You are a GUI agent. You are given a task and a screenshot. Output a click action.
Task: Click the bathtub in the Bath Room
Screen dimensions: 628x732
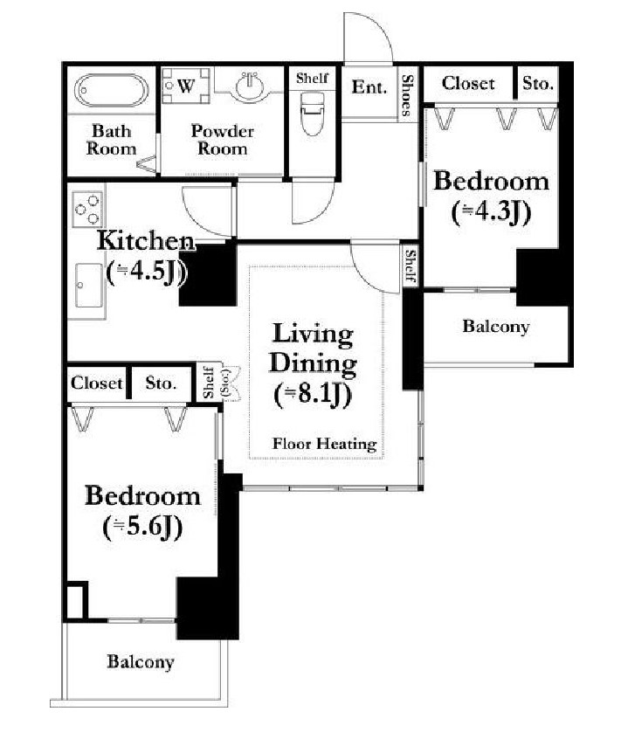[112, 90]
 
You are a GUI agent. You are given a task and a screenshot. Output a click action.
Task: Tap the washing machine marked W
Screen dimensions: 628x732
[186, 86]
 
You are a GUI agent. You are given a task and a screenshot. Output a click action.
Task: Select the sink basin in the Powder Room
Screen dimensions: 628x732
[250, 86]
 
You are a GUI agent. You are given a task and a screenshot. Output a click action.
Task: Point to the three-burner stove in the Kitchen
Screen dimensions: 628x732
[87, 209]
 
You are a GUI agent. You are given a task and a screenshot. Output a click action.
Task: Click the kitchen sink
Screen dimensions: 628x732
[89, 286]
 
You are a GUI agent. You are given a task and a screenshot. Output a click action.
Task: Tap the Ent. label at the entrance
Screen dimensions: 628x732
[369, 87]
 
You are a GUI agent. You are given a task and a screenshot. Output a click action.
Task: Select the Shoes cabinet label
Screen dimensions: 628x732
[407, 95]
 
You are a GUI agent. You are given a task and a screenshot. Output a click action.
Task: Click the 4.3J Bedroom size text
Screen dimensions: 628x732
[491, 212]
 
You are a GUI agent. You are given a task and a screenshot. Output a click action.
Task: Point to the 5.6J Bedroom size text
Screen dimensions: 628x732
[142, 528]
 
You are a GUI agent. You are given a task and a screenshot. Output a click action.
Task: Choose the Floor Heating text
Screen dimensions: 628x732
[325, 444]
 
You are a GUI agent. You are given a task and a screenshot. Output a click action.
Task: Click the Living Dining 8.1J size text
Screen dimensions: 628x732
[313, 395]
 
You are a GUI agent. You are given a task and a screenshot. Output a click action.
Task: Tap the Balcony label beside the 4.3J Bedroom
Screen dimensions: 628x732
[496, 327]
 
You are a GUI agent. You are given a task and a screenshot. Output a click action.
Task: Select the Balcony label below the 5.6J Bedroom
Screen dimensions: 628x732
[141, 662]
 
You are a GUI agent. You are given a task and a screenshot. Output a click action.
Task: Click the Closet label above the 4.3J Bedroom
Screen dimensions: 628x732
[468, 84]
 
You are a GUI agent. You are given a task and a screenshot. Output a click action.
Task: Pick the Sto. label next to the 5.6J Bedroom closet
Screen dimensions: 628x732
[161, 383]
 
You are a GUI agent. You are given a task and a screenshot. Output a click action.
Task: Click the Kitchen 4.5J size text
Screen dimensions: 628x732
[147, 272]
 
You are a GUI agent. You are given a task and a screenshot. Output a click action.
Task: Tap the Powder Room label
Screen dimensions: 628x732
[222, 140]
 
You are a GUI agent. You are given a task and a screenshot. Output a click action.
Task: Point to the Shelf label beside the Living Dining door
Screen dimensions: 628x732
[411, 266]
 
